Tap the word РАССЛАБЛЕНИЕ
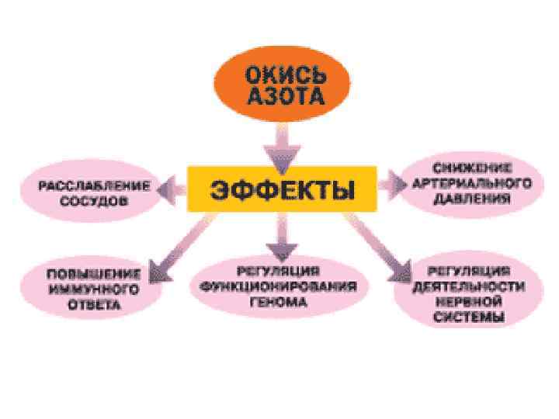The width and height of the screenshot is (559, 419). pyautogui.click(x=95, y=184)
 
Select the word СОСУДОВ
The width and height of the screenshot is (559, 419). pyautogui.click(x=95, y=199)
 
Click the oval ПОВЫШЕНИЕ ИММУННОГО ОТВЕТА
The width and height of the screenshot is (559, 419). pyautogui.click(x=82, y=289)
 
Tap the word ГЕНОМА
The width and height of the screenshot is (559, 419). pyautogui.click(x=278, y=300)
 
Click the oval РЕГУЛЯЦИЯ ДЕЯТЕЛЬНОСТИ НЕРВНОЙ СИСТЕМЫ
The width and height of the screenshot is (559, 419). pyautogui.click(x=467, y=293)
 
